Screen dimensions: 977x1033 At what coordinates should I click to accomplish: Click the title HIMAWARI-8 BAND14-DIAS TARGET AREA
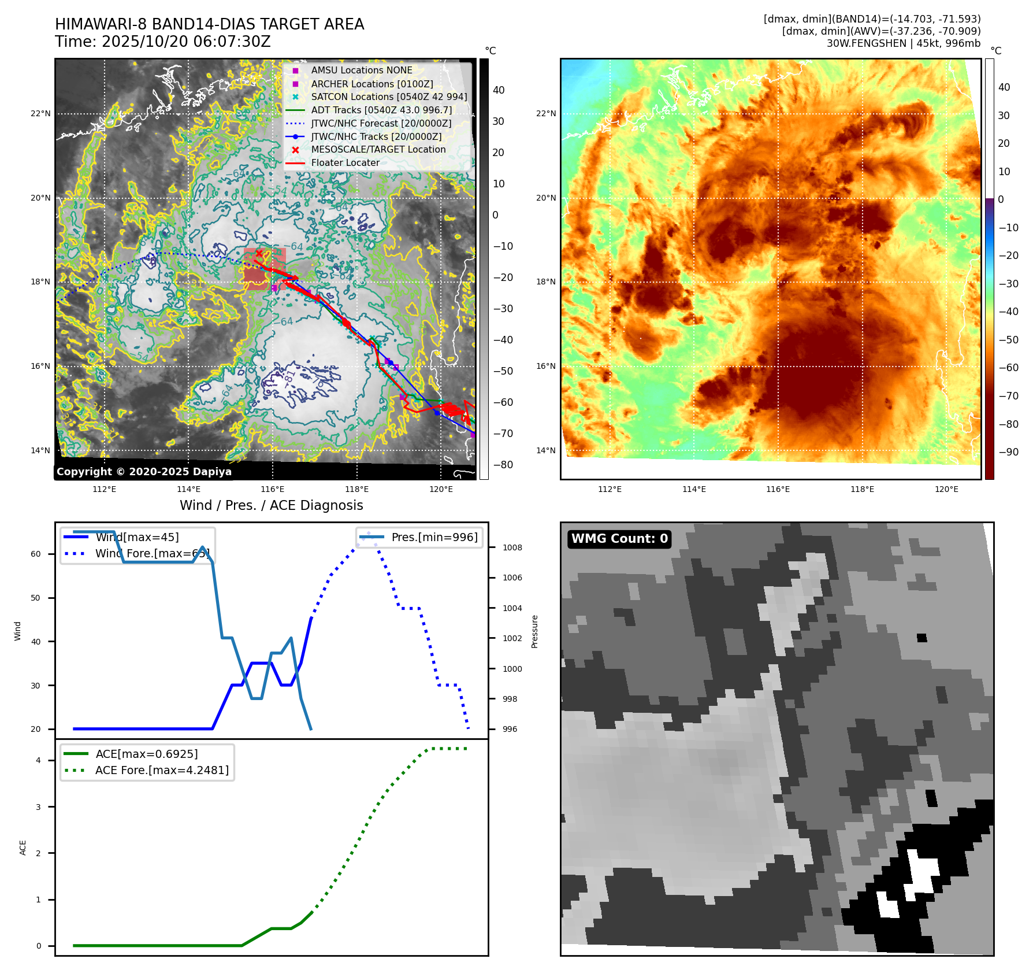pyautogui.click(x=209, y=24)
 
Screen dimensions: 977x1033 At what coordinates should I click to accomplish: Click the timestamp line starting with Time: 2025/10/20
pyautogui.click(x=162, y=42)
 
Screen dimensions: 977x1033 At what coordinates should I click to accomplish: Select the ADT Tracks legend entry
pyautogui.click(x=381, y=110)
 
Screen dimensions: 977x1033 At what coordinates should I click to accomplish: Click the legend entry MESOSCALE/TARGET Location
pyautogui.click(x=378, y=149)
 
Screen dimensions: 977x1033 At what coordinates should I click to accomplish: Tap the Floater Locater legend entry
pyautogui.click(x=345, y=162)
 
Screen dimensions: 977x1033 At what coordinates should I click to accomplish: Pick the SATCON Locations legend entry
pyautogui.click(x=388, y=97)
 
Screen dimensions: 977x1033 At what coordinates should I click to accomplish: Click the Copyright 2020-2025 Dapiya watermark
pyautogui.click(x=144, y=471)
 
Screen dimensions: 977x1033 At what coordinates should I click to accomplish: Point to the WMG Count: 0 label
pyautogui.click(x=619, y=538)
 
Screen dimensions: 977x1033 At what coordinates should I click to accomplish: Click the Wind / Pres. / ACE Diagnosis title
pyautogui.click(x=271, y=505)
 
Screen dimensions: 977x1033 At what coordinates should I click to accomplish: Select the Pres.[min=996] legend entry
pyautogui.click(x=434, y=537)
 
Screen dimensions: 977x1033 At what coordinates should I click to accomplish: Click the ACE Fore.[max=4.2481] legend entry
pyautogui.click(x=161, y=770)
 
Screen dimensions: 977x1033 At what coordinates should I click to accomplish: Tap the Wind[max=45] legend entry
pyautogui.click(x=137, y=537)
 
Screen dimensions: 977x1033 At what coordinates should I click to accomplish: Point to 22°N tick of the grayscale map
pyautogui.click(x=40, y=113)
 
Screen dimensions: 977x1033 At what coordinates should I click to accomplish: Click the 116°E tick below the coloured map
pyautogui.click(x=778, y=489)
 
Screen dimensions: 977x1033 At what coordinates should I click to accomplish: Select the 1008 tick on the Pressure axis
pyautogui.click(x=512, y=547)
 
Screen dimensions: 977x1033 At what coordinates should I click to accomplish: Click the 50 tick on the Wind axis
pyautogui.click(x=36, y=598)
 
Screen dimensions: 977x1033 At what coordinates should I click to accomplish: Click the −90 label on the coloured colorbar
pyautogui.click(x=1008, y=452)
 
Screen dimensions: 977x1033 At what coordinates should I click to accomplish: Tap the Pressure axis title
pyautogui.click(x=534, y=631)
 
